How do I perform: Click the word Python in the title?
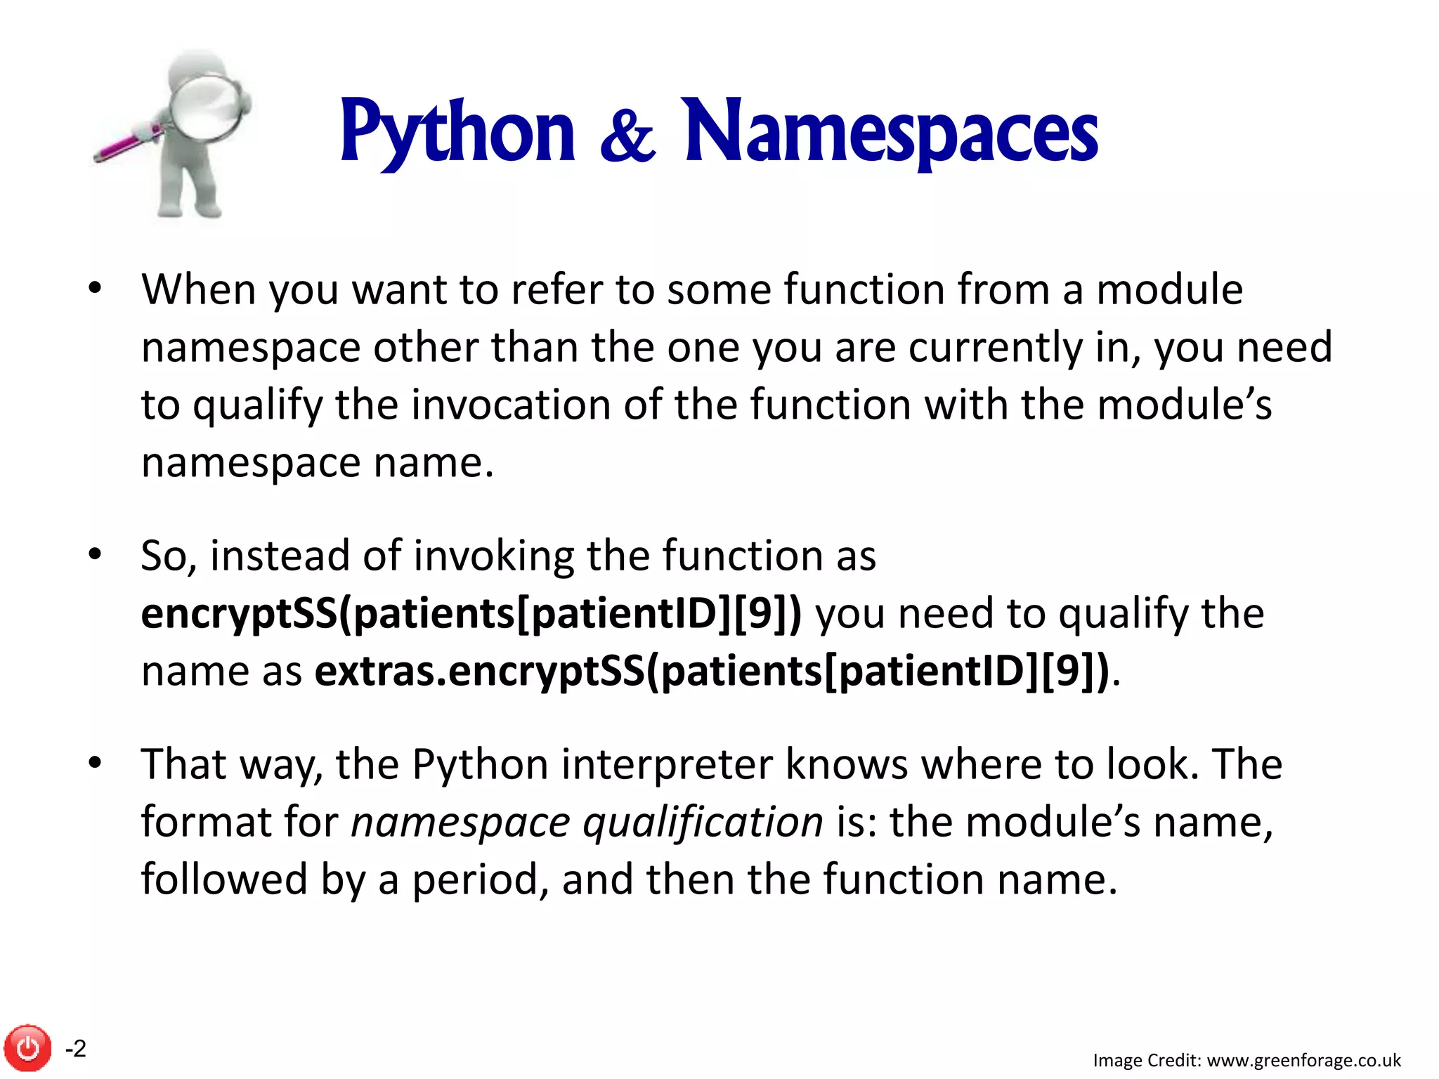click(457, 131)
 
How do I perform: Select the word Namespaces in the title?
click(891, 131)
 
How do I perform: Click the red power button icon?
click(28, 1048)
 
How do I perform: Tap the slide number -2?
click(76, 1048)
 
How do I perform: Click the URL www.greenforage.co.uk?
click(1303, 1060)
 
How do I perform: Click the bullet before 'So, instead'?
click(96, 554)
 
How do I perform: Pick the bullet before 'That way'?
click(96, 763)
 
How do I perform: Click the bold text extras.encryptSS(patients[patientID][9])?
click(711, 671)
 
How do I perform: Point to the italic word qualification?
click(703, 822)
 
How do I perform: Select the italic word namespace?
click(461, 822)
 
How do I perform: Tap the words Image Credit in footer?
click(1147, 1060)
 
